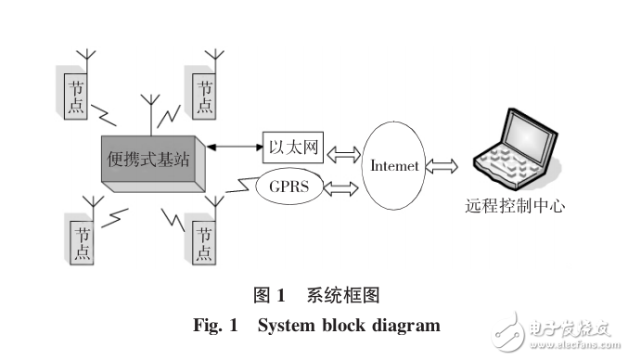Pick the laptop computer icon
point(515,148)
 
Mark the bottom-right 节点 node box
point(203,241)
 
